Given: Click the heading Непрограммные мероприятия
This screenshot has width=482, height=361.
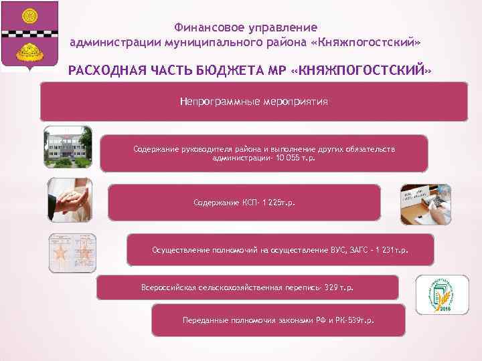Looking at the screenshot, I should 254,102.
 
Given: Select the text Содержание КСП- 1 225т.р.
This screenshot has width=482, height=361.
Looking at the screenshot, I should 244,201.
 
